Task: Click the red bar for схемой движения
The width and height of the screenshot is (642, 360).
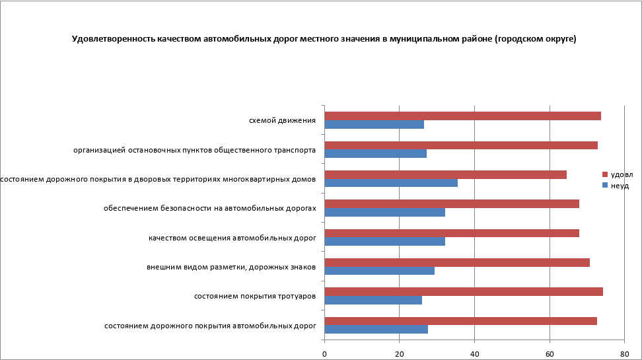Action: pos(462,116)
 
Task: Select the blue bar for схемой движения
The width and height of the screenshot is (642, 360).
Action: pos(374,124)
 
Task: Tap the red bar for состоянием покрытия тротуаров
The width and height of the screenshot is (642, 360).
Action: pos(464,292)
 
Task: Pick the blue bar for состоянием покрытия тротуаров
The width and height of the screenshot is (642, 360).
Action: pos(373,300)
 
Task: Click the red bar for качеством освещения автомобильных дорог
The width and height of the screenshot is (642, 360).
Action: pos(452,233)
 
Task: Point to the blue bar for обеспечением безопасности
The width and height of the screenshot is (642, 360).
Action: pos(385,213)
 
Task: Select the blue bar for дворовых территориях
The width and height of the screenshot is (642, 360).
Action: pos(391,183)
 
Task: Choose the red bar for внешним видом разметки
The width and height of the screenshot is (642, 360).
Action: pos(457,262)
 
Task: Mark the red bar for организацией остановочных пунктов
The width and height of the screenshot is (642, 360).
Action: pos(461,145)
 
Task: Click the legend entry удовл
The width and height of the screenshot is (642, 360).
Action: pos(622,174)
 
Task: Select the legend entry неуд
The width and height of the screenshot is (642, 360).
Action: pos(620,186)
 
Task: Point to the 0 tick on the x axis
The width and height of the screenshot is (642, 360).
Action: pos(324,354)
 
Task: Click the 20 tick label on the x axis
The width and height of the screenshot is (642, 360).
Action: pos(399,354)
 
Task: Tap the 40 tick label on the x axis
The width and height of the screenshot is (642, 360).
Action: pos(474,354)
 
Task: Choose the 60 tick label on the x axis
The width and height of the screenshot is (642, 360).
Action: pos(550,354)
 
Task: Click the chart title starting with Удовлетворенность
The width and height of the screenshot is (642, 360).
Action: pos(324,40)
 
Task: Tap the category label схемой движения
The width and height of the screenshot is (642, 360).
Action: pos(282,121)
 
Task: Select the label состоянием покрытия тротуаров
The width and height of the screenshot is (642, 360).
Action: pos(255,296)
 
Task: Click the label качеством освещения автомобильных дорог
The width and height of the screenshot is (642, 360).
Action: pos(232,238)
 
